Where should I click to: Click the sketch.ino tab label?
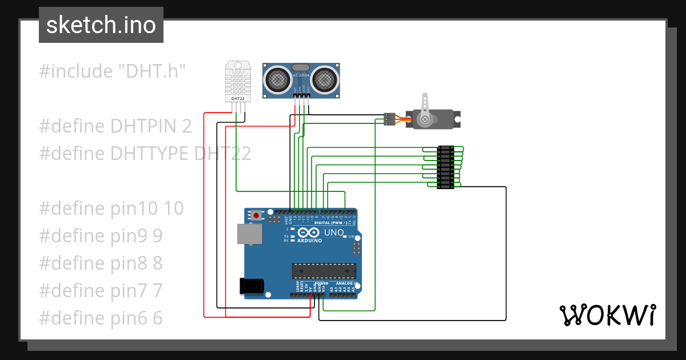click(x=101, y=25)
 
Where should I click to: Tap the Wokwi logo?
click(x=607, y=315)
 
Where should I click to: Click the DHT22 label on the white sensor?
click(x=238, y=99)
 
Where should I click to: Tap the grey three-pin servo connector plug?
click(x=389, y=119)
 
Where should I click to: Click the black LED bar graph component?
click(x=445, y=167)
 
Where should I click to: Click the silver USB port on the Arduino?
click(x=250, y=234)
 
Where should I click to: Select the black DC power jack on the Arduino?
click(x=252, y=286)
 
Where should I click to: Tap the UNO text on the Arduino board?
click(x=334, y=233)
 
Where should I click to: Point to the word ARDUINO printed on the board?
click(x=309, y=241)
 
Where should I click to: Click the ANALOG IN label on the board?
click(x=346, y=283)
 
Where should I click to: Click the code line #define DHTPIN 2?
click(x=115, y=126)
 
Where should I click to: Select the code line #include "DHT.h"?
click(x=113, y=71)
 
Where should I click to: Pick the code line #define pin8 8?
click(x=101, y=263)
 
